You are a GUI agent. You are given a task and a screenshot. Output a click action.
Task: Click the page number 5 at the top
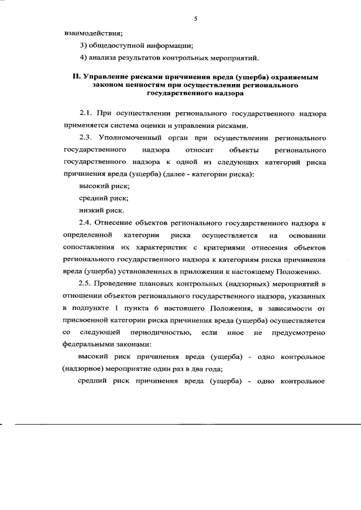click(x=195, y=19)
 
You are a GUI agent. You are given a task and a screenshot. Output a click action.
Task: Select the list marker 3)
click(x=83, y=46)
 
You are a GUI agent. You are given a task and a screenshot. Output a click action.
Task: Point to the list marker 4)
click(x=83, y=57)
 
